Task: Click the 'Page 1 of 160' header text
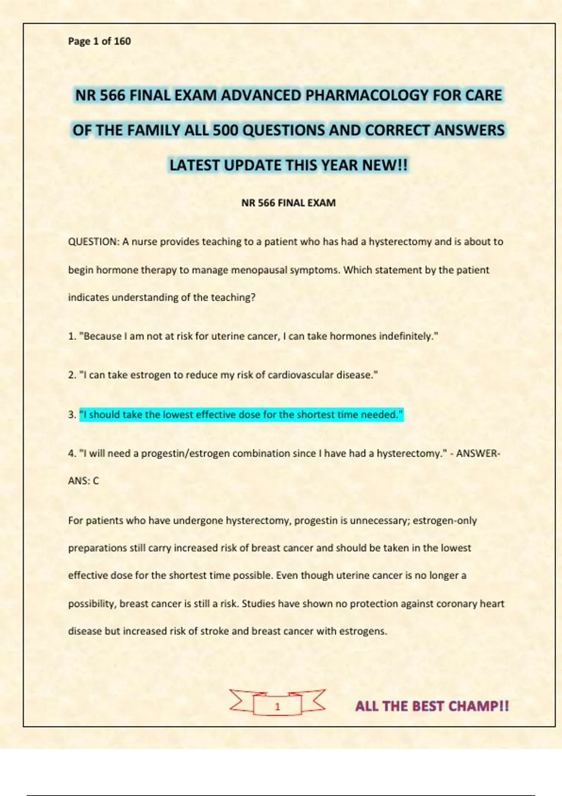click(99, 41)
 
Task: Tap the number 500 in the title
click(225, 130)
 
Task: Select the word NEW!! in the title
click(385, 165)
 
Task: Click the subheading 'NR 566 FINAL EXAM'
click(288, 203)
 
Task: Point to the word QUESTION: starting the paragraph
click(94, 242)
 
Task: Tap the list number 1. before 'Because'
click(72, 336)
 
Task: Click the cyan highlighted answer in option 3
click(241, 414)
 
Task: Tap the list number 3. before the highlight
click(72, 415)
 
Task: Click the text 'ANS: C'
click(83, 481)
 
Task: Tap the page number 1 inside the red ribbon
click(277, 707)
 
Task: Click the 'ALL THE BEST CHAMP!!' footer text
click(432, 706)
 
